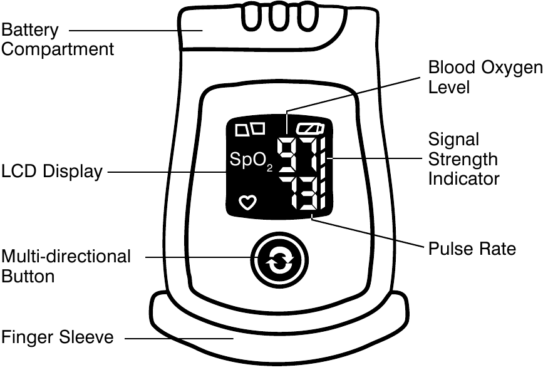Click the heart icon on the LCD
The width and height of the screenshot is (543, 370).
(248, 202)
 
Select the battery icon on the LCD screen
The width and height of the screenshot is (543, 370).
(311, 130)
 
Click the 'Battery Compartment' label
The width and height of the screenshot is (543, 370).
(57, 39)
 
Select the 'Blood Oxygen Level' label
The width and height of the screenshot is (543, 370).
(484, 77)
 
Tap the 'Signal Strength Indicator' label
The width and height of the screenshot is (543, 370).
(463, 159)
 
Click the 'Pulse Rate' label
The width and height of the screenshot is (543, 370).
(472, 249)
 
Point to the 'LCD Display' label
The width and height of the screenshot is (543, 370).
(51, 172)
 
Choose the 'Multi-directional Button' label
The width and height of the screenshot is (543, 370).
(66, 266)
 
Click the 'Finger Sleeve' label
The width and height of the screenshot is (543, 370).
(57, 337)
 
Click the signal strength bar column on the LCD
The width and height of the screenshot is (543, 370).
(322, 178)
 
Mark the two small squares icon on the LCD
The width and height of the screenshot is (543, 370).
(249, 130)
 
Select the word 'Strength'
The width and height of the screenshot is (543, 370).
(463, 159)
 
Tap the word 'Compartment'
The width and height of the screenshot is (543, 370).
(57, 49)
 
